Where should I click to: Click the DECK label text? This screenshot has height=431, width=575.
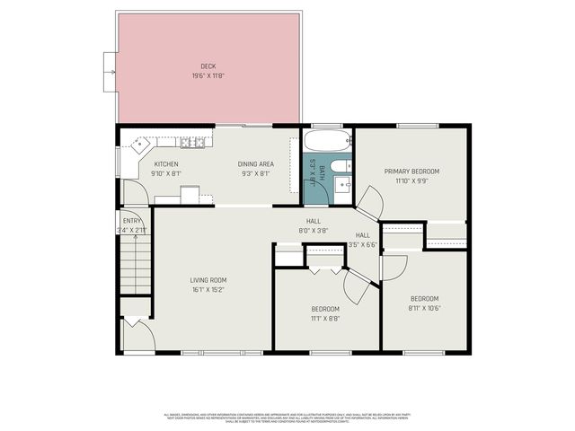(208, 66)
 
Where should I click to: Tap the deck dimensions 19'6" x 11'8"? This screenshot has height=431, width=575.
(208, 75)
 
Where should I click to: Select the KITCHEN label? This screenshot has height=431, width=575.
(166, 163)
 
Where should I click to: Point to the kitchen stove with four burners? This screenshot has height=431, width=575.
(189, 142)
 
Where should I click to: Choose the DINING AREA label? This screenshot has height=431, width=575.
(254, 163)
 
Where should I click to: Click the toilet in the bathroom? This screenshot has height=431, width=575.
(341, 166)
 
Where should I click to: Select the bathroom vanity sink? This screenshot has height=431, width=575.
(343, 186)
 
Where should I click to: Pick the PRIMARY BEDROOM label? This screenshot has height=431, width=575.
(411, 171)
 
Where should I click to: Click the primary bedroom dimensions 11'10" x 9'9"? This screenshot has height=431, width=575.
(411, 180)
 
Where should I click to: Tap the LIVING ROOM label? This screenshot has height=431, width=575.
(207, 279)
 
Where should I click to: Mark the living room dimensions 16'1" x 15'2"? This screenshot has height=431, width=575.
(207, 289)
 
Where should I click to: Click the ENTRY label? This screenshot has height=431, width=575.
(132, 220)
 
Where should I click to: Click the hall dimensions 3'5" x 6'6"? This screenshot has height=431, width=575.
(362, 244)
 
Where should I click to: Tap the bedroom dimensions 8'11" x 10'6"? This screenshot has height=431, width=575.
(424, 308)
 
